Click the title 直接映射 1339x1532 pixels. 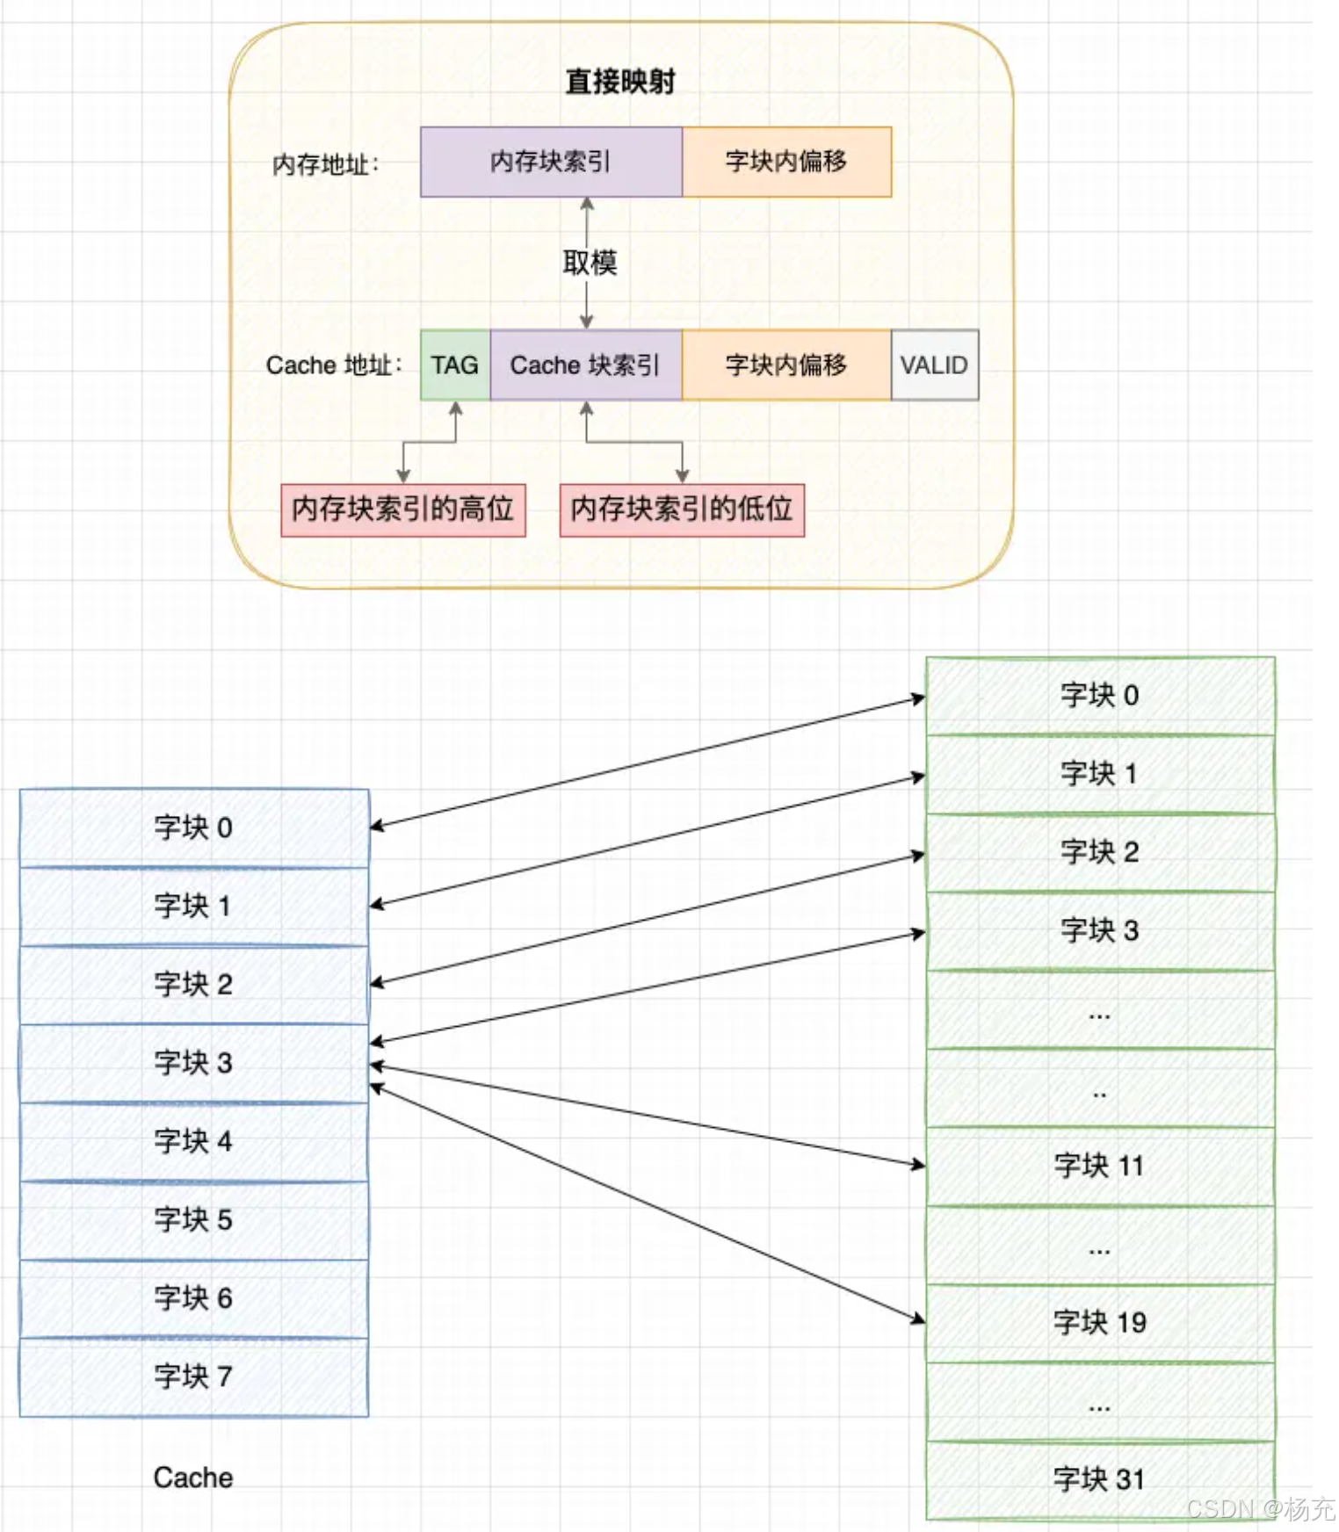click(619, 82)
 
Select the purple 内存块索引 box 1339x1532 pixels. click(551, 162)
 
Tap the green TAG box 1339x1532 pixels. click(455, 365)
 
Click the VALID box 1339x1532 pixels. click(934, 365)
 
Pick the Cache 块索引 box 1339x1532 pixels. click(585, 365)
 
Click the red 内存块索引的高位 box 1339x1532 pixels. click(403, 509)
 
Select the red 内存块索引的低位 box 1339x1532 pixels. click(682, 509)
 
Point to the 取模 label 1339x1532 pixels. click(590, 262)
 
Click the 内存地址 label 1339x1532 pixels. click(325, 164)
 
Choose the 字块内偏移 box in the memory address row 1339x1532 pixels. click(786, 162)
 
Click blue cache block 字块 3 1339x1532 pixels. click(193, 1063)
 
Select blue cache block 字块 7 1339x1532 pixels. click(193, 1377)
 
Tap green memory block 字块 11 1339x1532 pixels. click(1099, 1167)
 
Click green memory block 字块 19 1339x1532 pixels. click(1099, 1323)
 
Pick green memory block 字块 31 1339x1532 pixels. click(1099, 1479)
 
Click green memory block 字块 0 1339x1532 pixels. click(1099, 696)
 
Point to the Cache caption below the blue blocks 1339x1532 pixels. click(193, 1478)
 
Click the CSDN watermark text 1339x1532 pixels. click(1260, 1509)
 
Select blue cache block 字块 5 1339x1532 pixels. click(193, 1220)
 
